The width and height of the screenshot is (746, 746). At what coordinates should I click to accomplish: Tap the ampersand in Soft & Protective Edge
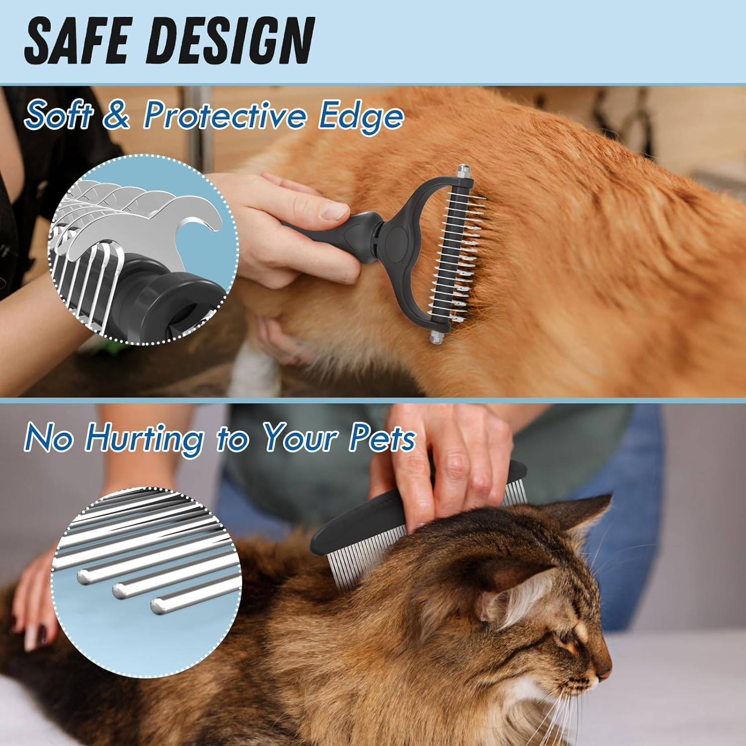(x=117, y=115)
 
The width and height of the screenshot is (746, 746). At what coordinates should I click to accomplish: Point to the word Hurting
(x=144, y=438)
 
